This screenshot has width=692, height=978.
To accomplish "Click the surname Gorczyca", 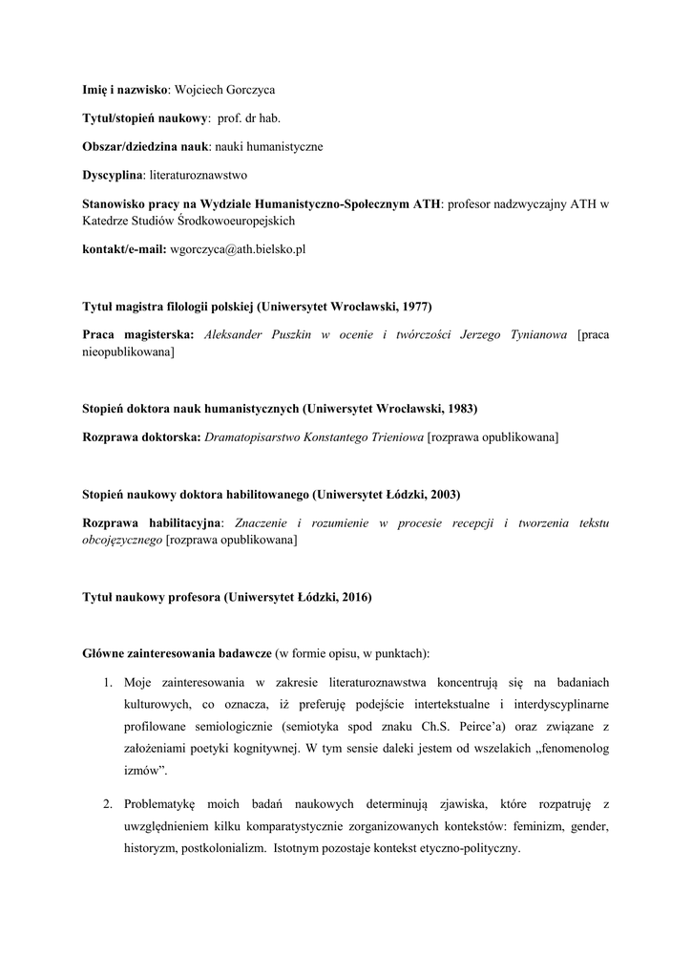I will (x=248, y=90).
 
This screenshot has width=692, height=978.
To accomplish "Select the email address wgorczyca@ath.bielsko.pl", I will (x=238, y=249).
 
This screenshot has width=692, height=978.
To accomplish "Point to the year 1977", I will (x=413, y=307).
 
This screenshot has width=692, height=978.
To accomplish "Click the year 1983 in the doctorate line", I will (x=459, y=409).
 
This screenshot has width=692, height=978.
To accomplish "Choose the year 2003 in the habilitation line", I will (x=442, y=495).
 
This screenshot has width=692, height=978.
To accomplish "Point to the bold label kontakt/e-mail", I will (x=124, y=249).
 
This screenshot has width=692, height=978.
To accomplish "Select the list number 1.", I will (x=108, y=683).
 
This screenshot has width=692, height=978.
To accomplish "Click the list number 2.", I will (x=108, y=797).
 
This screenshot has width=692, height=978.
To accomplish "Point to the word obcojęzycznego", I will (x=123, y=540).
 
